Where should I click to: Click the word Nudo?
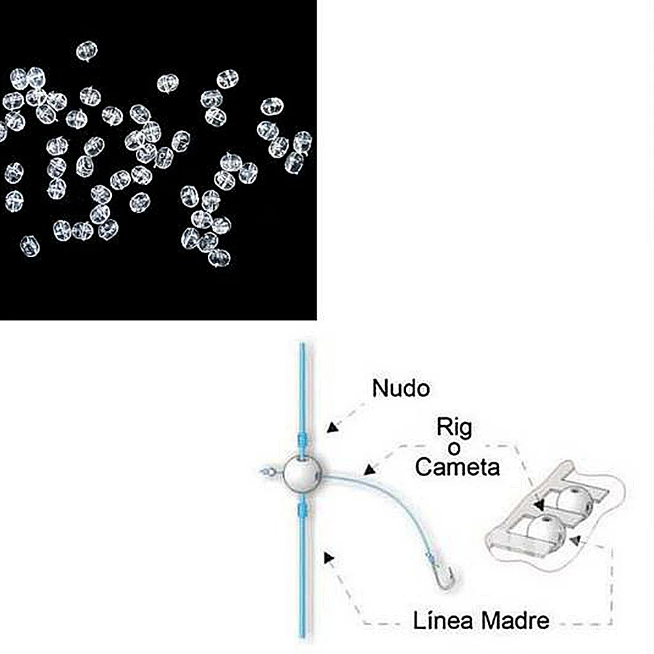point(401,388)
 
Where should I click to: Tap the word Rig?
point(455,427)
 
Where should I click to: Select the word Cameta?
point(457,467)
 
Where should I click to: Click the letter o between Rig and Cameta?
point(454,449)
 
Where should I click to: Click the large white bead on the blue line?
point(302,473)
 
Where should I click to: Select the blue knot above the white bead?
point(303,441)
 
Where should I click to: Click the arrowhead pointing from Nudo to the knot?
point(332,427)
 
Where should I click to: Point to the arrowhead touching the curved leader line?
point(369,470)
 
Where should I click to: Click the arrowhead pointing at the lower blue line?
point(329,558)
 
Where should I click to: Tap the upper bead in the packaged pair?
point(574,501)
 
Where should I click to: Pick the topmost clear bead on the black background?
point(87,50)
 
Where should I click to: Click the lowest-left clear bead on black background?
point(30,246)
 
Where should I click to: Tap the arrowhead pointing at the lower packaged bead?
point(576,541)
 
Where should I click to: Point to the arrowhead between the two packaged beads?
point(540,505)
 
